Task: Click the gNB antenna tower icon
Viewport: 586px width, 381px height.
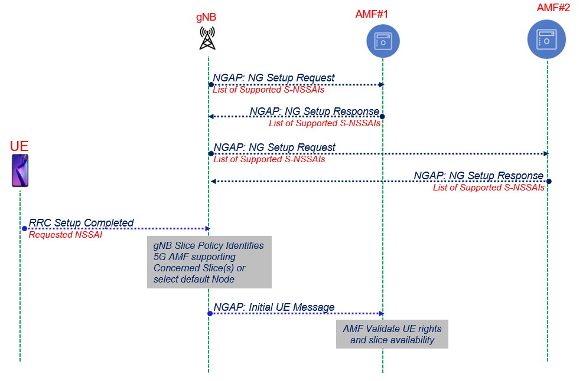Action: tap(207, 38)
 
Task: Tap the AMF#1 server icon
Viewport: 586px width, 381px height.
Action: tap(383, 41)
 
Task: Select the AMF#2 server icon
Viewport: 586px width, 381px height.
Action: tap(546, 40)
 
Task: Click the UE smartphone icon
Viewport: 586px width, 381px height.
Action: tap(20, 171)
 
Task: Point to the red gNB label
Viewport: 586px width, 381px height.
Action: tap(206, 17)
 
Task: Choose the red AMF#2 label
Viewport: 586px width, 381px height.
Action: tap(554, 8)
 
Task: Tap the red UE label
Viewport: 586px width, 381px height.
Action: tap(19, 146)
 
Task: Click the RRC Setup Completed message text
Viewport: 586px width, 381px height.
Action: tap(82, 223)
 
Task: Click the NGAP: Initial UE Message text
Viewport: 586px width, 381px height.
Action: tap(274, 307)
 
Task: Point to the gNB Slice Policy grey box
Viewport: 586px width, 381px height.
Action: tap(209, 262)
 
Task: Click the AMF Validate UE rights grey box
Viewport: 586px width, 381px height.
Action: tap(392, 334)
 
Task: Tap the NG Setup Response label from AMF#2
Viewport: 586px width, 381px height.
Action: tap(478, 176)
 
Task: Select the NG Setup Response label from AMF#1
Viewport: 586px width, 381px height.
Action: tap(314, 111)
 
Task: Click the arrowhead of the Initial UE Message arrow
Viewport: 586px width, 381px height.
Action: tap(382, 313)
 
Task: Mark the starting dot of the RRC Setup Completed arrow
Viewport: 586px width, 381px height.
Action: tap(25, 228)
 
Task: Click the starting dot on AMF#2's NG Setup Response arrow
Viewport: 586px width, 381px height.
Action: tap(548, 181)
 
